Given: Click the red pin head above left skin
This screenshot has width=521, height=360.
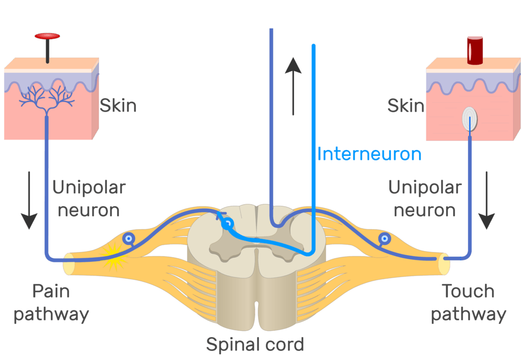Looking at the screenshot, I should (x=47, y=36).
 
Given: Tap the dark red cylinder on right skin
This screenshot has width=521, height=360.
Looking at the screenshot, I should (x=475, y=50).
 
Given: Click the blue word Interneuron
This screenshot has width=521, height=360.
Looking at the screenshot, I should (x=369, y=154).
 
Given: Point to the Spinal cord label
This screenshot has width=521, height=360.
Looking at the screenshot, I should (x=255, y=344).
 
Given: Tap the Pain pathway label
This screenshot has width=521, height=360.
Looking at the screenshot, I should (x=51, y=303).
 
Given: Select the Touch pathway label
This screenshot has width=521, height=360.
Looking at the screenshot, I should (x=468, y=303).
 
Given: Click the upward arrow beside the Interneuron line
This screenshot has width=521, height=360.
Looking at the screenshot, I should (x=293, y=86).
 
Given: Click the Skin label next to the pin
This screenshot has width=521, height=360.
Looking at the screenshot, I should (x=118, y=106).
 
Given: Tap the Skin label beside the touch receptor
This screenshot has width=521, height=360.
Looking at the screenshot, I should (x=406, y=106).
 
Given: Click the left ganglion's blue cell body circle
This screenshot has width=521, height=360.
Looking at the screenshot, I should (x=130, y=238).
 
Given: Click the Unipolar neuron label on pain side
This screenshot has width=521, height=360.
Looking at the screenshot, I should (x=89, y=198).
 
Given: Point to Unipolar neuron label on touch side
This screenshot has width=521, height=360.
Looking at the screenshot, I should (x=425, y=198).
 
